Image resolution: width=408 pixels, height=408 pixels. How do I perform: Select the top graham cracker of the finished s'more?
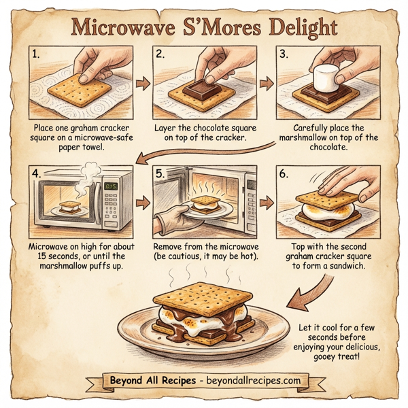(x=204, y=299)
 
